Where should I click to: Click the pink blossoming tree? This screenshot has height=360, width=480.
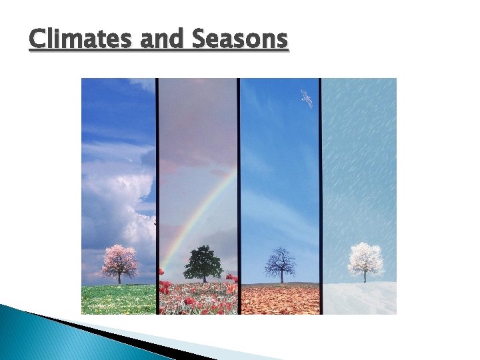(x=119, y=260)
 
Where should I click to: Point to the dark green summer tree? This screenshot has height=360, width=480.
(x=203, y=261)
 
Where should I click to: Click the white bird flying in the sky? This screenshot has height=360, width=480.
(x=306, y=98)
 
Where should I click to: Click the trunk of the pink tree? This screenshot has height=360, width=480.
(x=119, y=278)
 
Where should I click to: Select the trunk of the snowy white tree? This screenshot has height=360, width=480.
(x=365, y=277)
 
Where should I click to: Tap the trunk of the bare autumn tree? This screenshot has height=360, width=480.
(x=281, y=276)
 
